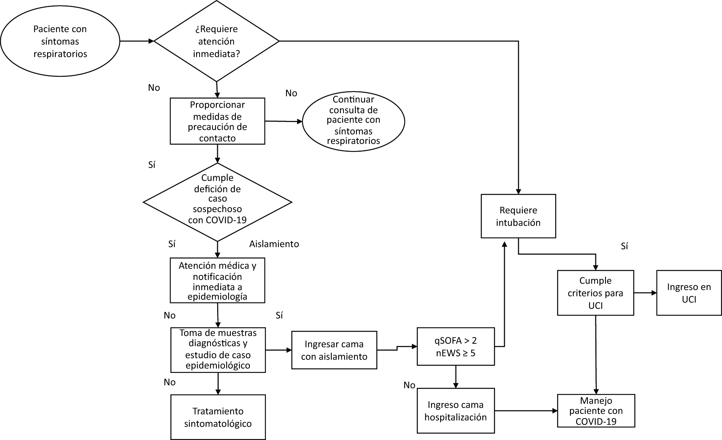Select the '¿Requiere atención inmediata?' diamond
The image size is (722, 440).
217,41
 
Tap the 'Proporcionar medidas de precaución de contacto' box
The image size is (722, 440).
218,121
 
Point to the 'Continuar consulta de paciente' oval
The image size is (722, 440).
353,121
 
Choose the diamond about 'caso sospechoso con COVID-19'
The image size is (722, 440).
218,202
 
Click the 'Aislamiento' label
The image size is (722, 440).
274,244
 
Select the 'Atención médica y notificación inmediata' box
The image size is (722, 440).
218,280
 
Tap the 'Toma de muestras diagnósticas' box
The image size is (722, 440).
218,350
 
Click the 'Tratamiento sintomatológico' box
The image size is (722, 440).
218,417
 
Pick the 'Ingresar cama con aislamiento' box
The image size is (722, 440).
334,350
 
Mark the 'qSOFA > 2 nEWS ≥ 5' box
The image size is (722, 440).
456,346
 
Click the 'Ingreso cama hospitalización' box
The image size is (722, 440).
456,411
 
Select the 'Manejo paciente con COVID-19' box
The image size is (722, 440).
596,411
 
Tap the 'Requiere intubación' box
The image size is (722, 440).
518,216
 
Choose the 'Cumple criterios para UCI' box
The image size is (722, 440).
595,293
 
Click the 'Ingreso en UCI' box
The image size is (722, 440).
689,293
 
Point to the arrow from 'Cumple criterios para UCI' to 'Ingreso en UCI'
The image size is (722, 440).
645,293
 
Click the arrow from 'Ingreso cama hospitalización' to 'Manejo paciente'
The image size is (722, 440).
526,411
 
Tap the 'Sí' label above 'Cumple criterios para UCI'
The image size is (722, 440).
624,247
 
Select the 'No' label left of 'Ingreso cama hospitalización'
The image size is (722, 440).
409,385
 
